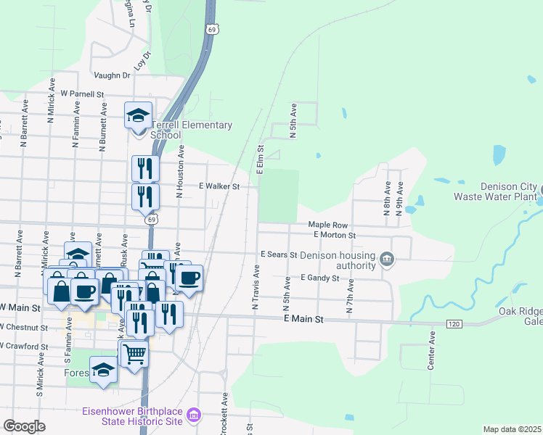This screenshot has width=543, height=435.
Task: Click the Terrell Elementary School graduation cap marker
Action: point(138,115)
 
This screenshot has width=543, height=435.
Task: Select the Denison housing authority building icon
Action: point(388,260)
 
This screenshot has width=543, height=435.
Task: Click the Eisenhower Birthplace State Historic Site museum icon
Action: point(194,415)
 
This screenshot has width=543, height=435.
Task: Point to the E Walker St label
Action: point(219,186)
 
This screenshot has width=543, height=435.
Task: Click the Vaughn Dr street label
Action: point(112,75)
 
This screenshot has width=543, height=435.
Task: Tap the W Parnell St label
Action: point(83,94)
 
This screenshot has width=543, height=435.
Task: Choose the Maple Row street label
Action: point(324,225)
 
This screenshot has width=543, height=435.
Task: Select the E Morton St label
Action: point(334,235)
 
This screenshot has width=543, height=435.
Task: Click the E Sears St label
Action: point(279,255)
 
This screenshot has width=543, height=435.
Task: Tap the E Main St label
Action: point(302,319)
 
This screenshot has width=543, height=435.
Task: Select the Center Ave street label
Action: point(431,352)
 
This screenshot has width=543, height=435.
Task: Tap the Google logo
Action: point(24,427)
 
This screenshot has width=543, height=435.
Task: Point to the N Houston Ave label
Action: point(180,171)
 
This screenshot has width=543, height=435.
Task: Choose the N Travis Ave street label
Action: point(256,288)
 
